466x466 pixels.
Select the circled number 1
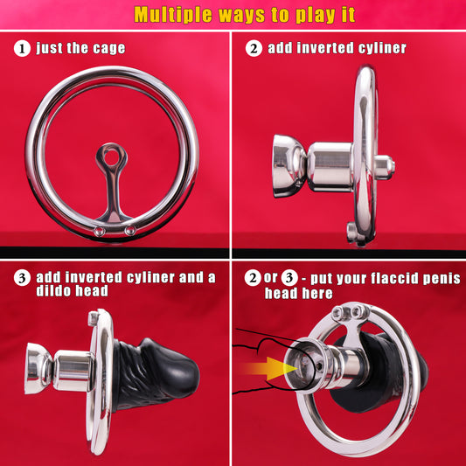(22, 48)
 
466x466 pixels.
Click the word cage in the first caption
(108, 48)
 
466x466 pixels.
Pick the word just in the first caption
(49, 48)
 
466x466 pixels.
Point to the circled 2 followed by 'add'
(254, 48)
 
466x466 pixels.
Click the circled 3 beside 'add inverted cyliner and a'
(22, 278)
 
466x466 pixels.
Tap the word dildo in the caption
(53, 290)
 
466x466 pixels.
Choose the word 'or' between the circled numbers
(270, 278)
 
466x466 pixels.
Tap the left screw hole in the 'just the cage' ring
(100, 231)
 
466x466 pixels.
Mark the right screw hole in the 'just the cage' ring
(130, 230)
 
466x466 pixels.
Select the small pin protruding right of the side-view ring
(386, 166)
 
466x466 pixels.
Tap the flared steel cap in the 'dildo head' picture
(38, 369)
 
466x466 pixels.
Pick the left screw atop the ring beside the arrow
(337, 313)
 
